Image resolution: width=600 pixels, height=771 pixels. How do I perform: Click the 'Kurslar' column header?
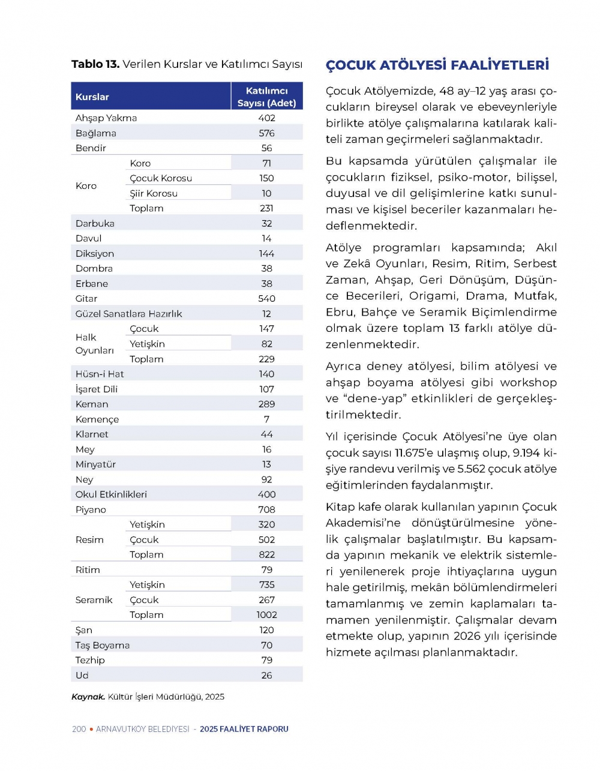(92, 97)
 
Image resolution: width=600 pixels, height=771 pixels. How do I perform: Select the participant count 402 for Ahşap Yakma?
(266, 118)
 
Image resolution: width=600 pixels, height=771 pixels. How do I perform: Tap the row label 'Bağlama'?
(96, 133)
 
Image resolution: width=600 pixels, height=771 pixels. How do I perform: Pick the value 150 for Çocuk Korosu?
(266, 178)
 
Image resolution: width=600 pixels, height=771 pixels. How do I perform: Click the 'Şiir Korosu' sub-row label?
(154, 193)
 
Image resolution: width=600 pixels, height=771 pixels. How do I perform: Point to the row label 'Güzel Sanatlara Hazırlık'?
(128, 314)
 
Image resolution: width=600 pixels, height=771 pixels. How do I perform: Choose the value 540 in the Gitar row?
(266, 298)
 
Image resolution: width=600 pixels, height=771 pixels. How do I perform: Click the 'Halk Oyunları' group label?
(94, 344)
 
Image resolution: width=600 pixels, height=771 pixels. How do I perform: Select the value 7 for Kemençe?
(266, 419)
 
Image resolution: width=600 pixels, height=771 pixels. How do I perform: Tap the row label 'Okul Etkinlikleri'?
(111, 494)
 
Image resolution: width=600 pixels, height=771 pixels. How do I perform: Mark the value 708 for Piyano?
(266, 509)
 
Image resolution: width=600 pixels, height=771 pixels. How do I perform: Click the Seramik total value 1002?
(266, 614)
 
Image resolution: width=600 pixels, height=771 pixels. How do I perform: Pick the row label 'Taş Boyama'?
(103, 645)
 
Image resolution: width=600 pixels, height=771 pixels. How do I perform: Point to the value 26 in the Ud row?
(266, 675)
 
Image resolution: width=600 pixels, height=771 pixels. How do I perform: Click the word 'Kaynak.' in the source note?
(88, 697)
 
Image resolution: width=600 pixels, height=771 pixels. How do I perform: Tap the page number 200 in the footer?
(79, 729)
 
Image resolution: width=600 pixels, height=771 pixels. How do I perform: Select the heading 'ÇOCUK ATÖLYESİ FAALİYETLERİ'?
(437, 65)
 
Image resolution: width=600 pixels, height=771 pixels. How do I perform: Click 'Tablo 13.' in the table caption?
(95, 64)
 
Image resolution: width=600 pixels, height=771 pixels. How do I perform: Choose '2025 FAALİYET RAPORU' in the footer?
(244, 729)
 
